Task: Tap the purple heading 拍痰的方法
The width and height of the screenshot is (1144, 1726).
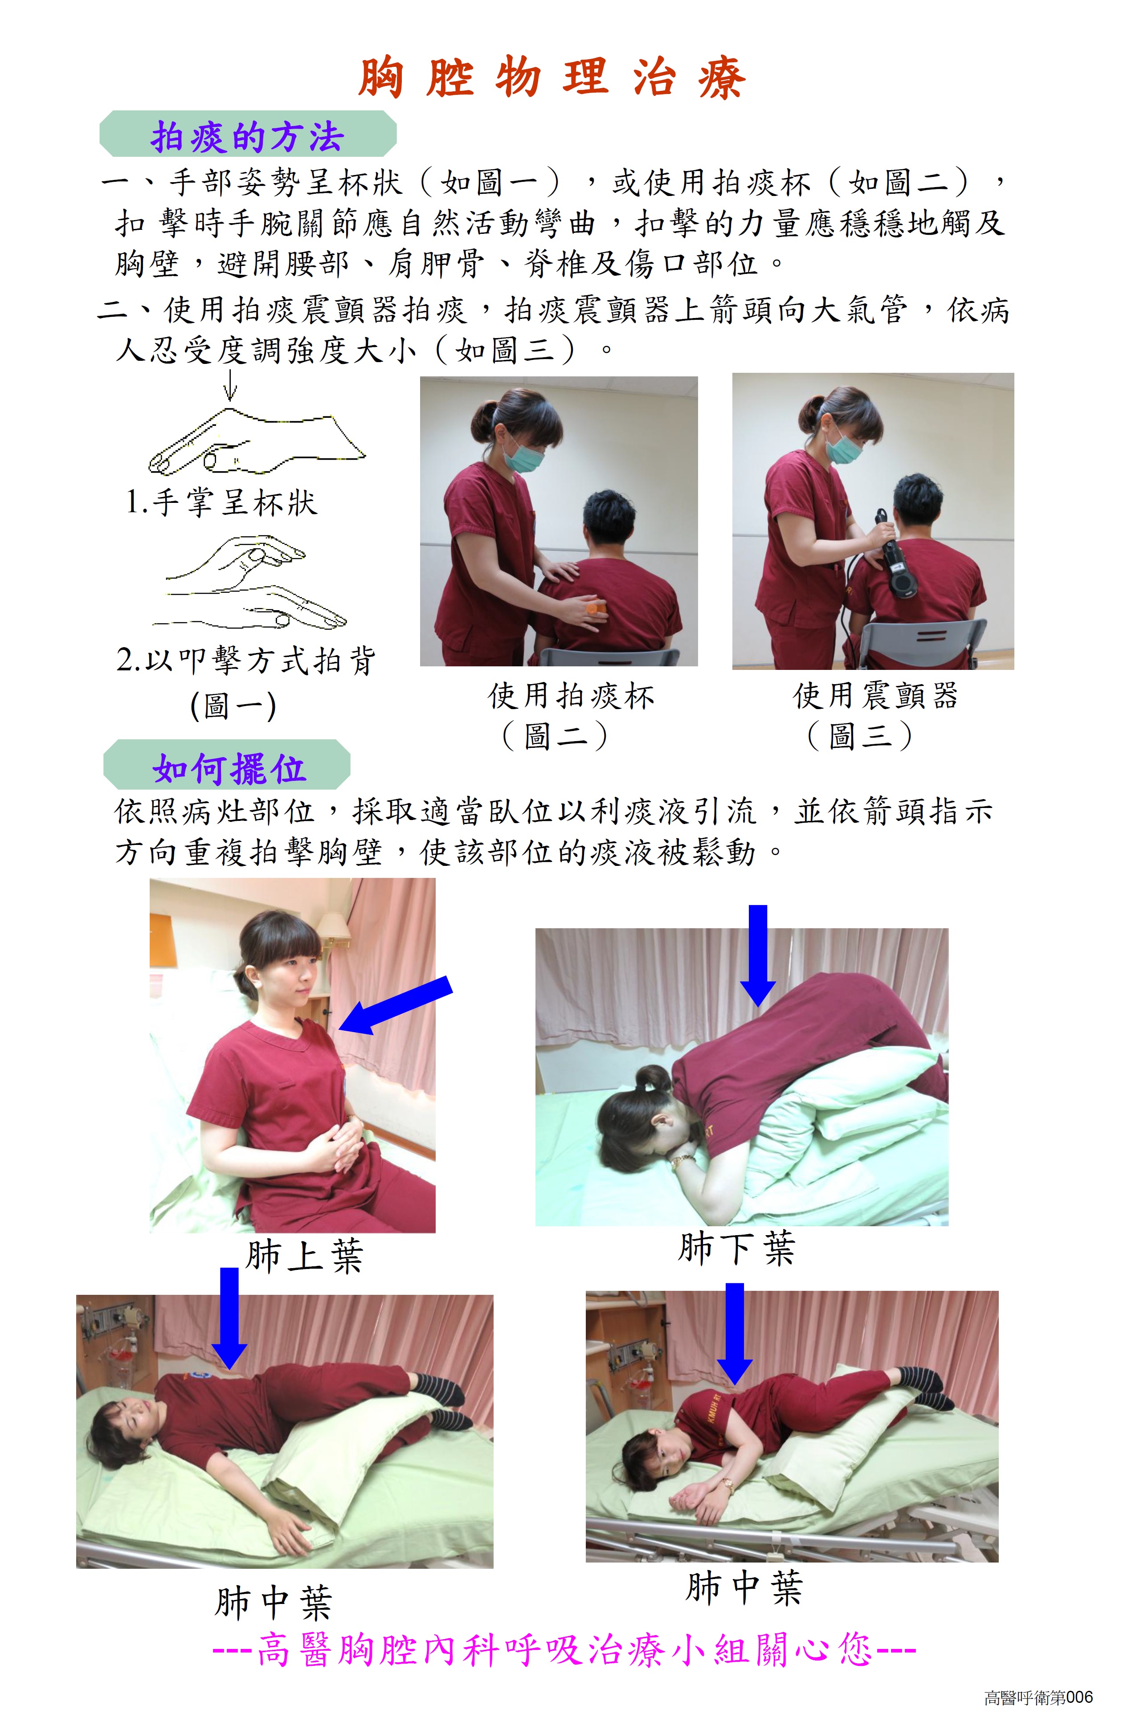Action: [247, 136]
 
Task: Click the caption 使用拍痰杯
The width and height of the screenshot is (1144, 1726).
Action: [571, 695]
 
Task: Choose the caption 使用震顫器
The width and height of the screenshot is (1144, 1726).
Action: [875, 695]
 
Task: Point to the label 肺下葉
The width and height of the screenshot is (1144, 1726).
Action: [736, 1248]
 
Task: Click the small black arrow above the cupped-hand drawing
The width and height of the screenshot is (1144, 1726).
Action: [231, 384]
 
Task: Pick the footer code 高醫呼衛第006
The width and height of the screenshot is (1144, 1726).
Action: [1038, 1697]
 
